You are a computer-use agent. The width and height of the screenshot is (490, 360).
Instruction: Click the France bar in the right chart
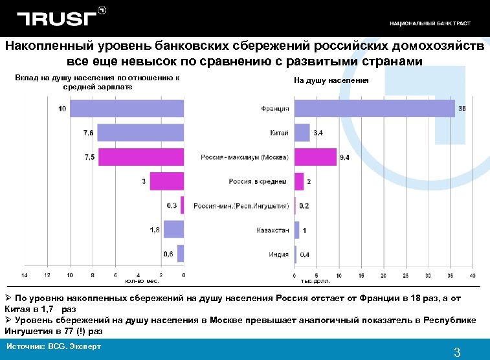tap(375, 108)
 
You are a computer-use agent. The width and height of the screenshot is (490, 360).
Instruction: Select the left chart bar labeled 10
tap(127, 108)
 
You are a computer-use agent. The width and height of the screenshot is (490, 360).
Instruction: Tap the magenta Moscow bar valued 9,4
tap(315, 157)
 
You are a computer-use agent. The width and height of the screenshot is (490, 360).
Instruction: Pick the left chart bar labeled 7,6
tap(140, 133)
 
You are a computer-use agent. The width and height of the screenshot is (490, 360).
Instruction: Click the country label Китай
tap(279, 133)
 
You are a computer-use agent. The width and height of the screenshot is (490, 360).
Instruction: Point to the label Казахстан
tap(273, 230)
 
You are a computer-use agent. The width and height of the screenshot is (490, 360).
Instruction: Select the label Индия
tap(279, 254)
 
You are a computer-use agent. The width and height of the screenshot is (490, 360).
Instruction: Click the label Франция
tap(275, 109)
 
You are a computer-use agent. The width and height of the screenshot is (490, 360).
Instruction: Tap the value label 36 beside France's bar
tap(462, 109)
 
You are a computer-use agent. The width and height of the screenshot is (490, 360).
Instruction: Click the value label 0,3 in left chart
tap(173, 205)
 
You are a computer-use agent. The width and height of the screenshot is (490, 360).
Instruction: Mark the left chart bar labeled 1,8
tap(173, 230)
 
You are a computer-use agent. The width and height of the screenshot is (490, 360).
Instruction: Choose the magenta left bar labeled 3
tap(167, 181)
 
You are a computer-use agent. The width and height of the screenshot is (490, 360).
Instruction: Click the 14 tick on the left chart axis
tap(25, 275)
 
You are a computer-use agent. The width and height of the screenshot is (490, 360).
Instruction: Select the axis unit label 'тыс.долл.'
tap(316, 282)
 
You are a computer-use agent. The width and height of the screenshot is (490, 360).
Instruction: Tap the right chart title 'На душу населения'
tap(331, 80)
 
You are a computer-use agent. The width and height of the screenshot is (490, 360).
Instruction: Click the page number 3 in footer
tap(457, 353)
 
